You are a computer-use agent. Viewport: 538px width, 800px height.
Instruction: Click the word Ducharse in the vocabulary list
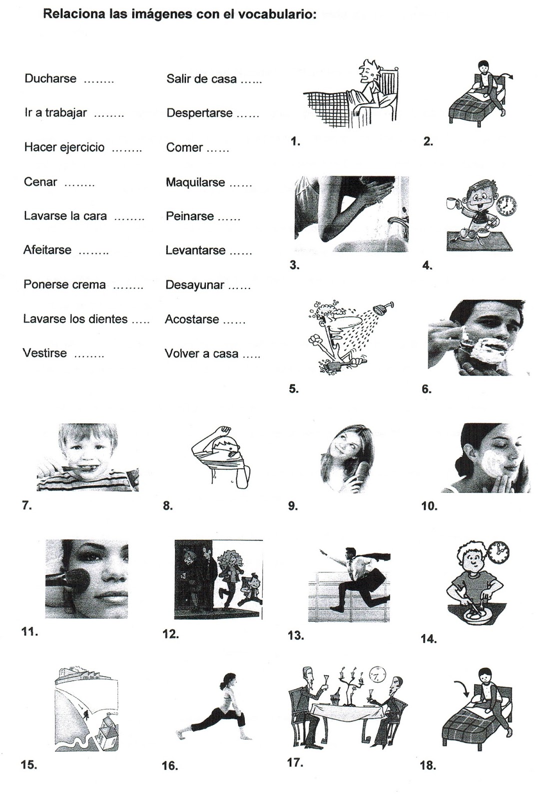point(50,78)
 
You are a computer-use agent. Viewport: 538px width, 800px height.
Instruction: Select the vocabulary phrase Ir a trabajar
point(55,112)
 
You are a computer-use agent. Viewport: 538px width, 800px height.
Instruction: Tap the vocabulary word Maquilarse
point(195,182)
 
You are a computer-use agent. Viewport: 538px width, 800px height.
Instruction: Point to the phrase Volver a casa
point(201,353)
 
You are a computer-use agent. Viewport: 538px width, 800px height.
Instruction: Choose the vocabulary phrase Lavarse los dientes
point(75,319)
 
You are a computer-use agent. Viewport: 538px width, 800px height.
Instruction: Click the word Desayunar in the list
point(195,285)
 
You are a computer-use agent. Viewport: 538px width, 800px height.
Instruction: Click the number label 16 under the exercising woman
point(170,766)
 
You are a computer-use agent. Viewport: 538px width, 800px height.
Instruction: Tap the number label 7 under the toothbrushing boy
point(27,505)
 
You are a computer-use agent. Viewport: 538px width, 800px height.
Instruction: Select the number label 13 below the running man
point(296,635)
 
